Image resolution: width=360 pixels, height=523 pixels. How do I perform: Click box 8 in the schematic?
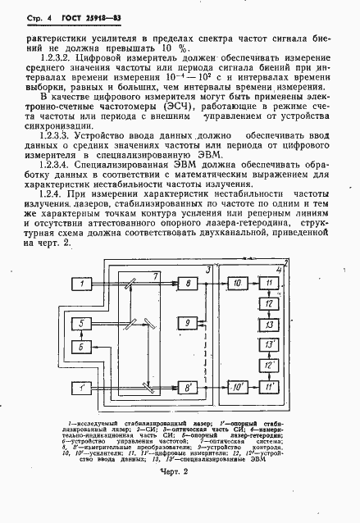click(x=187, y=283)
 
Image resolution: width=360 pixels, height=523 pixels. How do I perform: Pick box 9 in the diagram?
click(x=187, y=325)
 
